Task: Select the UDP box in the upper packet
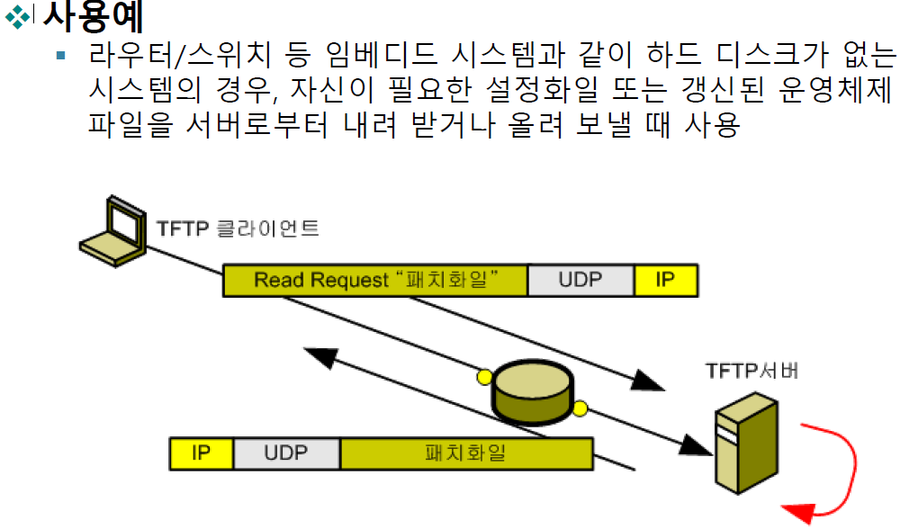(x=580, y=280)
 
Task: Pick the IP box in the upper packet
(x=665, y=280)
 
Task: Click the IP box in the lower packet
(x=201, y=453)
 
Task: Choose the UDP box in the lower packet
(x=286, y=453)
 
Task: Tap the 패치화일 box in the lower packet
(x=465, y=453)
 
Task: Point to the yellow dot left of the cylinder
(x=484, y=374)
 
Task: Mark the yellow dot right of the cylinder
(x=580, y=410)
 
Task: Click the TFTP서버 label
(x=751, y=371)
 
